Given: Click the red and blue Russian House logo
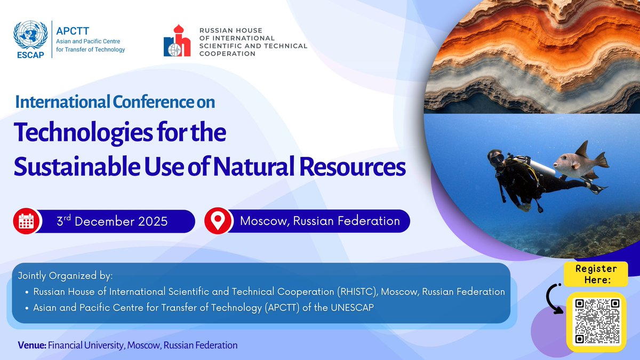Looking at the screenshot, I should click(177, 41).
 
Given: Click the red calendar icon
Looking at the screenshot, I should click(26, 221).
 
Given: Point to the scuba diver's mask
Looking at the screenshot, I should click(495, 158).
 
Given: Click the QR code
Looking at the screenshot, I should click(596, 321).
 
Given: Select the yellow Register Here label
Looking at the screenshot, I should click(596, 274).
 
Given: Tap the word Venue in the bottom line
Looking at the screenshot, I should click(31, 345).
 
